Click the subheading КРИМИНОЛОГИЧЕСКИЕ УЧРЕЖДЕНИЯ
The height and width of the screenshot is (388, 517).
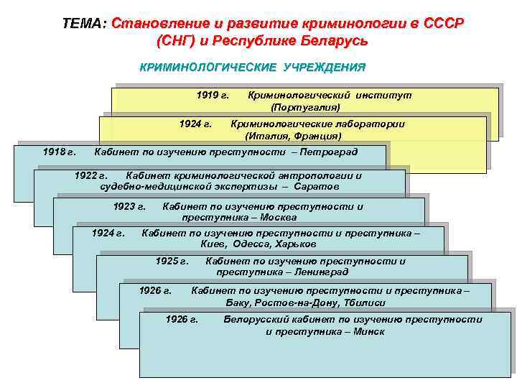(x=252, y=68)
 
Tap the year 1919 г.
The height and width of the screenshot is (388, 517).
(x=213, y=95)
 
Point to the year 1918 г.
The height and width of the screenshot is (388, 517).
(x=59, y=152)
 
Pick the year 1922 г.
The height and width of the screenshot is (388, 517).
(x=90, y=175)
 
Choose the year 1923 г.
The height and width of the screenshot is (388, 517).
(x=129, y=206)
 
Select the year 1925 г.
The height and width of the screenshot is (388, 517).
(x=172, y=261)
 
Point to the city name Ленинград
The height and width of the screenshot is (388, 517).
(x=320, y=272)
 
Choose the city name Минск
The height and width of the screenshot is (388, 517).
(x=369, y=331)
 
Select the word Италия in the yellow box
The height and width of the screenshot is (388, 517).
(x=266, y=135)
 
